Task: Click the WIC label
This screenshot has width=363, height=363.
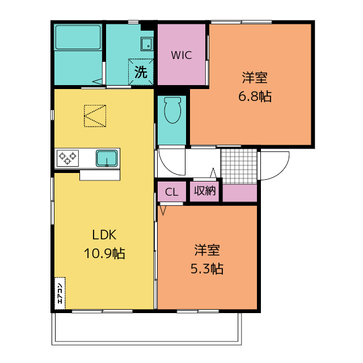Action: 182,56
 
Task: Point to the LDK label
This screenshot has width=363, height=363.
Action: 104,235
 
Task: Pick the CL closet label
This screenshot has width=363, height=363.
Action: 172,192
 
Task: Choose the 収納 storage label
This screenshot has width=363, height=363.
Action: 205,191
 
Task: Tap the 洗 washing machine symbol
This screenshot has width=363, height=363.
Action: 141,71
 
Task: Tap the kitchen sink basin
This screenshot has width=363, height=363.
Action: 107,158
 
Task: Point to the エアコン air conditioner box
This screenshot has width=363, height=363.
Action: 60,293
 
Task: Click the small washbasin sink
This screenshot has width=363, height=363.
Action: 147,43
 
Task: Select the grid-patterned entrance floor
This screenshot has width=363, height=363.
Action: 238,166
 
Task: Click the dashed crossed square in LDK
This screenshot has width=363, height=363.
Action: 95,116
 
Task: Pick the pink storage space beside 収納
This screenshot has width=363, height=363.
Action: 239,193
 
